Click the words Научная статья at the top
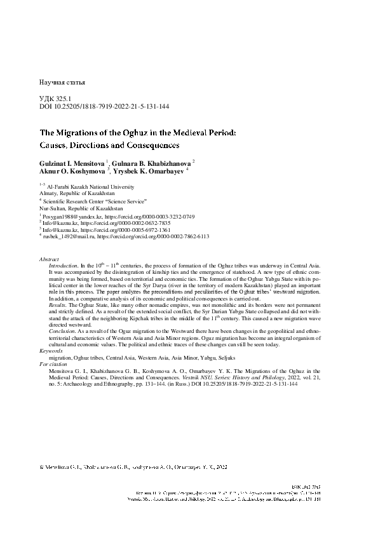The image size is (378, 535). click(x=62, y=83)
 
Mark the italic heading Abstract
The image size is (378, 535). click(x=49, y=260)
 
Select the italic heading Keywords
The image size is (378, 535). click(x=51, y=350)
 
